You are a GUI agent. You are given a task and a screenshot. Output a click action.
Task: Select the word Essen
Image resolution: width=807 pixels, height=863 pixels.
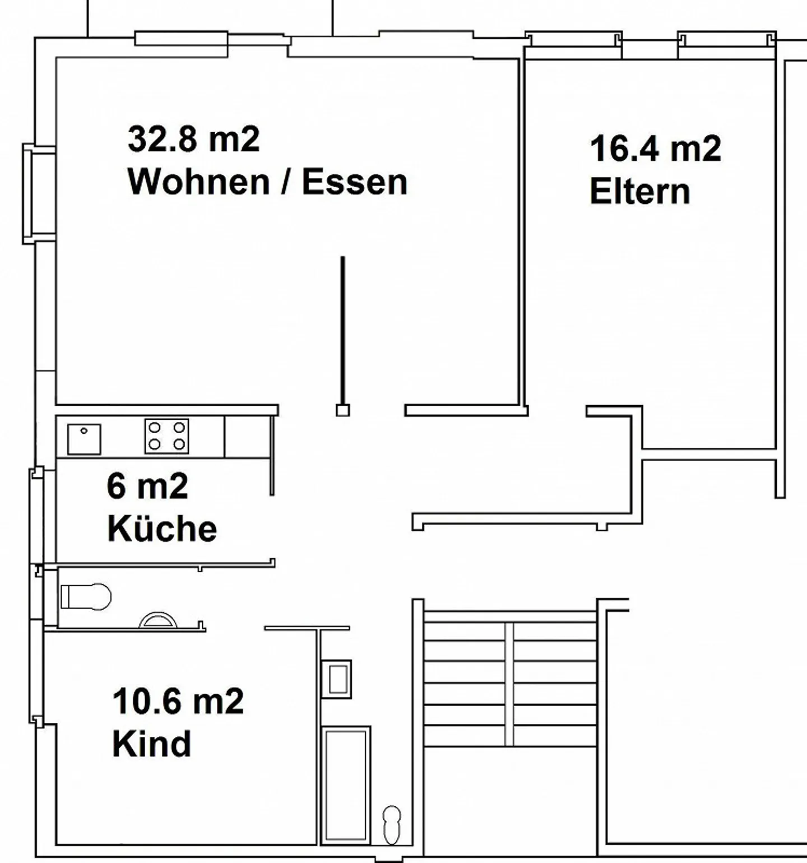click(354, 182)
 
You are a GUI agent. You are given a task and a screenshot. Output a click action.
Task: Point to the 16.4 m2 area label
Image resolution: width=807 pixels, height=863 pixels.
click(655, 149)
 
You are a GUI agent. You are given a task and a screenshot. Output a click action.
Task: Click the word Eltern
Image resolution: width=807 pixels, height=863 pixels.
click(639, 191)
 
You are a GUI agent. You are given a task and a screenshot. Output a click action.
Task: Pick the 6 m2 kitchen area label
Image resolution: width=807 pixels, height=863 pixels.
click(147, 486)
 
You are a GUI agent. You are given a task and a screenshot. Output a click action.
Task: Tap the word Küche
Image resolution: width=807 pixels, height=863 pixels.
click(162, 528)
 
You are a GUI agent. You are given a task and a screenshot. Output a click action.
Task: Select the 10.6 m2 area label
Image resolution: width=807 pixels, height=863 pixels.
click(178, 701)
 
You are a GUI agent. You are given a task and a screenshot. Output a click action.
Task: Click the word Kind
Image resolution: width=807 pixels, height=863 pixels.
click(151, 744)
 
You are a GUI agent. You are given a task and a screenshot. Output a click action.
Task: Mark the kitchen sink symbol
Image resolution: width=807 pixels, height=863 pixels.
click(84, 439)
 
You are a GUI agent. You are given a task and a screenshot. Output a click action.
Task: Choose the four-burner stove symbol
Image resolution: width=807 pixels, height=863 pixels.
click(166, 436)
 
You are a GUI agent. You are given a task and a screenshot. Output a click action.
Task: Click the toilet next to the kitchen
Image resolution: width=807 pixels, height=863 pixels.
click(86, 597)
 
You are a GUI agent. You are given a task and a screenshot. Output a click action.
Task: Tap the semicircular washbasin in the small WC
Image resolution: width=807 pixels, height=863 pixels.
click(158, 620)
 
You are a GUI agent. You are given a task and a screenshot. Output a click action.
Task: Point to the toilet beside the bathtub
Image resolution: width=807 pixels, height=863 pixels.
click(392, 824)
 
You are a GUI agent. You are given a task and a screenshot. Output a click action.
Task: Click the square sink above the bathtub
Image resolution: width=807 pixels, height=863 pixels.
click(336, 679)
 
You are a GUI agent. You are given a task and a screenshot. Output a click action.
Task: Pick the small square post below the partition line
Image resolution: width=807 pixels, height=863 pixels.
click(342, 410)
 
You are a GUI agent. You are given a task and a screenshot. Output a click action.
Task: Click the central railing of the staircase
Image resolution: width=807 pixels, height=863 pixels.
click(509, 684)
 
